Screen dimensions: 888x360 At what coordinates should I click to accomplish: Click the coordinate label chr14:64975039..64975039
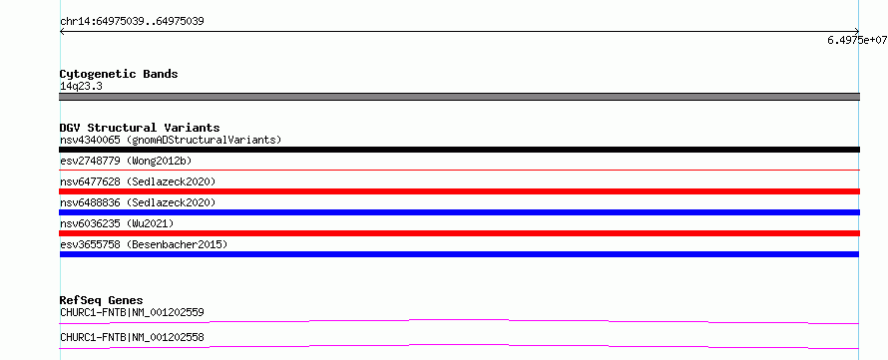[x=132, y=22]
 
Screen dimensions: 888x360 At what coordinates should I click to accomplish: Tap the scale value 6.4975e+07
[x=857, y=40]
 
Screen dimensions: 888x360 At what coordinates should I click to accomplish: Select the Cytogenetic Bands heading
[x=119, y=74]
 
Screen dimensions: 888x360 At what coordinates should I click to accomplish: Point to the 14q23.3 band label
[x=81, y=87]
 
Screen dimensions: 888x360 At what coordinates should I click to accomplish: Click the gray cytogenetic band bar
[x=459, y=97]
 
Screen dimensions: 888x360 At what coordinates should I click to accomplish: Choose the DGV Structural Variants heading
[x=140, y=128]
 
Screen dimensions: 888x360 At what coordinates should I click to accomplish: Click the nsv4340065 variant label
[x=90, y=140]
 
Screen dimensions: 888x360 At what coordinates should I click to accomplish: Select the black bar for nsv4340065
[x=459, y=150]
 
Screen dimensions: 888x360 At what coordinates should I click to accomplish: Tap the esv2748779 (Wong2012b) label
[x=126, y=161]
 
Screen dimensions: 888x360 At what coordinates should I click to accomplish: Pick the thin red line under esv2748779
[x=459, y=170]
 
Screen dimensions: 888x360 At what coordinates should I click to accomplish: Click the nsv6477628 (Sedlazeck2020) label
[x=138, y=181]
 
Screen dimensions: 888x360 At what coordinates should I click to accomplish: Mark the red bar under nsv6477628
[x=459, y=191]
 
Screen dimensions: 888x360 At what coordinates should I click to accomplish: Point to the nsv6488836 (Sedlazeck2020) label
[x=138, y=202]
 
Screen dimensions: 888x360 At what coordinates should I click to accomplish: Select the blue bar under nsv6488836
[x=459, y=212]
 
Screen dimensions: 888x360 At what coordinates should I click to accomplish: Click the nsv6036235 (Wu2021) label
[x=117, y=223]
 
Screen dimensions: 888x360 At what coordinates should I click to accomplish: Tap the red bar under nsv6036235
[x=459, y=233]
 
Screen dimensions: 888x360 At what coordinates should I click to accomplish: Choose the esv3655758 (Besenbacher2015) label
[x=144, y=244]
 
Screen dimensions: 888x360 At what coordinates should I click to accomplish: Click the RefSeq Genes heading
[x=102, y=300]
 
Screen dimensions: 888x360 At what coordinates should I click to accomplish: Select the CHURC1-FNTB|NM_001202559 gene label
[x=132, y=312]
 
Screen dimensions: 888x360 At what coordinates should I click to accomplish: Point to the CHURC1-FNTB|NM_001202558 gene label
[x=132, y=338]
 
